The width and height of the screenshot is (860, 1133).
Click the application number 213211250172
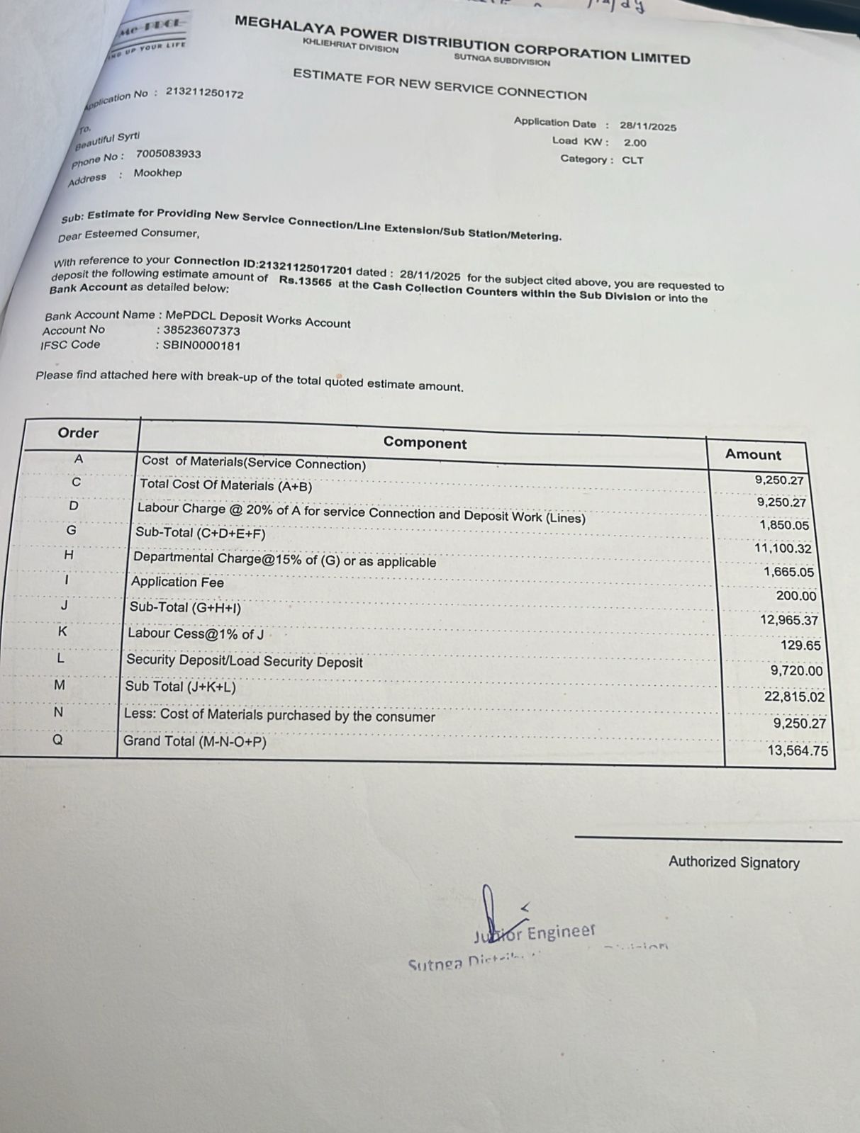204,93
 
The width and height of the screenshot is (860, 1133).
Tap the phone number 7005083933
168,154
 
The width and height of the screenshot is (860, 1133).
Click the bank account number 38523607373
201,330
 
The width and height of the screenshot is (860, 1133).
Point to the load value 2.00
635,142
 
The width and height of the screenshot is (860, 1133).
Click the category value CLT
632,160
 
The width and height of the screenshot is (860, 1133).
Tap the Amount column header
752,454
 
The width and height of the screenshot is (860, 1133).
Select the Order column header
78,433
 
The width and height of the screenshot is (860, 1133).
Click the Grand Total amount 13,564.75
797,750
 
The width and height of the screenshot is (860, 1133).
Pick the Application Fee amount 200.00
795,596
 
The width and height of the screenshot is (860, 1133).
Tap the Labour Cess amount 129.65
800,646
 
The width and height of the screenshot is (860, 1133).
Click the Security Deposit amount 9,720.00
796,670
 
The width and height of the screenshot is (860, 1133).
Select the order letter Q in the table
58,740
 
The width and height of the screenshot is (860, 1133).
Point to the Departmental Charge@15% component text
284,560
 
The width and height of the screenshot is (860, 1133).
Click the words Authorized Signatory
733,862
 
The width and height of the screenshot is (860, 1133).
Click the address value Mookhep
157,173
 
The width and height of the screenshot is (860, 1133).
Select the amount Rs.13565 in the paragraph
305,281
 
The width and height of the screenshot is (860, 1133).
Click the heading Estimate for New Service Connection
440,84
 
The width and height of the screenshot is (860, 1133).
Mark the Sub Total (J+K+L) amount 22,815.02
794,697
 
